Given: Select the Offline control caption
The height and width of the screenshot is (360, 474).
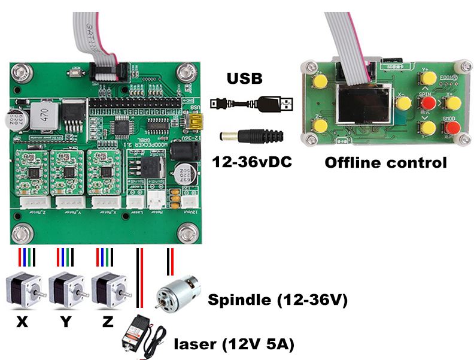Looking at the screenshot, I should (x=385, y=162).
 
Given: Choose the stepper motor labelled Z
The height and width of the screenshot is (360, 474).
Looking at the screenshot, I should (x=109, y=289).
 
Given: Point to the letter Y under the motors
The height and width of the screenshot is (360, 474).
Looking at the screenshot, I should (x=65, y=322).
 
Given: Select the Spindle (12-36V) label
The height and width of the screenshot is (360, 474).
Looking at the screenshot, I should (x=277, y=300).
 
